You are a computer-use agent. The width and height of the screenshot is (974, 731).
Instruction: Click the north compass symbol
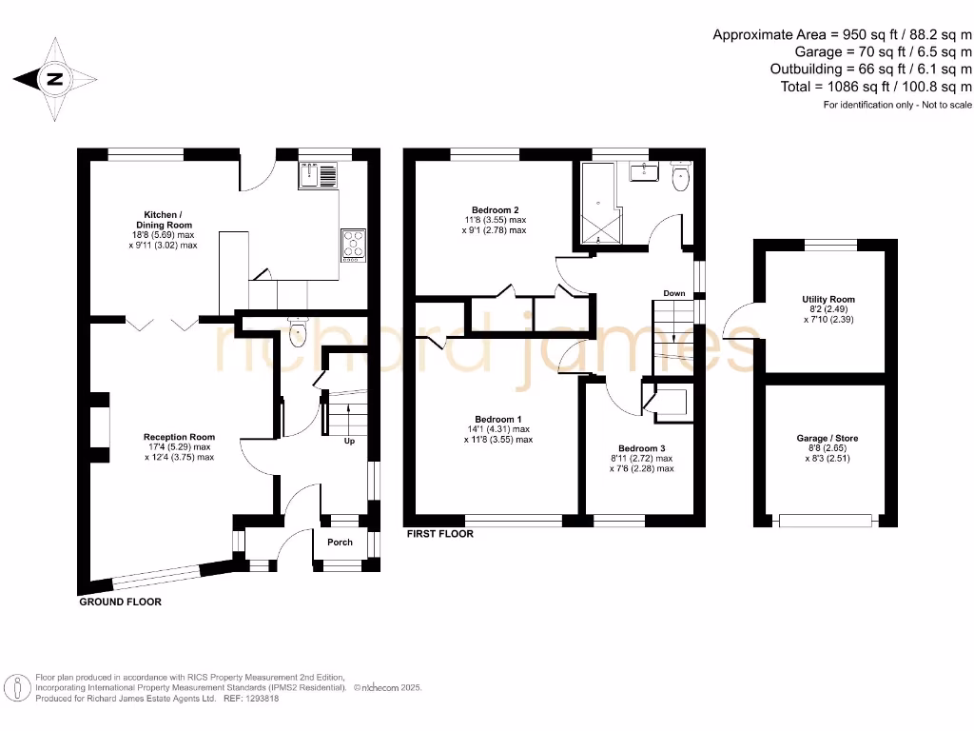tap(54, 80)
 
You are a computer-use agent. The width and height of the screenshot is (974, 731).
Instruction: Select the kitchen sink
tap(318, 175)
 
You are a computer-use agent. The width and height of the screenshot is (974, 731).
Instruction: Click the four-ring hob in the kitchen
tap(353, 244)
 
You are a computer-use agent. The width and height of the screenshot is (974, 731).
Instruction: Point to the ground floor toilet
tap(299, 333)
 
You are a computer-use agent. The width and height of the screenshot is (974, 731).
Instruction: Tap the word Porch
tap(340, 543)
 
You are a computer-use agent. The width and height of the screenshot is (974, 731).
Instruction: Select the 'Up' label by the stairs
tap(350, 442)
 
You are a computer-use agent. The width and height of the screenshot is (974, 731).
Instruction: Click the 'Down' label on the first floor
tap(674, 293)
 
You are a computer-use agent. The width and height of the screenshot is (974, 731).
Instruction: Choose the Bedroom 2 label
tap(495, 209)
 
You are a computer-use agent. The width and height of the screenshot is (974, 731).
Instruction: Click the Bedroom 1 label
tap(498, 419)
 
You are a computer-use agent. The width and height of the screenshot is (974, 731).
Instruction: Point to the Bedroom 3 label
tap(641, 448)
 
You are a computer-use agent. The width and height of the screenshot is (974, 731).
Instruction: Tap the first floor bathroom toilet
tap(681, 177)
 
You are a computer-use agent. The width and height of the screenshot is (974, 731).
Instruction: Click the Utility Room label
tap(828, 299)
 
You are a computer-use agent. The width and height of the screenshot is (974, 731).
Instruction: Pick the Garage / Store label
tap(827, 439)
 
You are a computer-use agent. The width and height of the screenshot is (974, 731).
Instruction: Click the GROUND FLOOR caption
tap(120, 603)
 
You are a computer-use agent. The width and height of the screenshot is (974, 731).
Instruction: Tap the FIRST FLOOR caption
tap(439, 534)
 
